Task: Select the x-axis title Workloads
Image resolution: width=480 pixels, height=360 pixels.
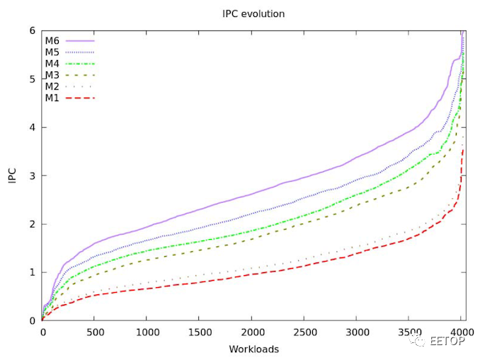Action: [x=253, y=349]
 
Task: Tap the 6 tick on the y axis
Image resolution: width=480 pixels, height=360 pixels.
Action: [x=32, y=31]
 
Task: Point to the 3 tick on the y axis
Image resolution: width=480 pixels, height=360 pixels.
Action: [x=32, y=176]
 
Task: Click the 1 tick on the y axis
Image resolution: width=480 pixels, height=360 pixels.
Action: [x=32, y=272]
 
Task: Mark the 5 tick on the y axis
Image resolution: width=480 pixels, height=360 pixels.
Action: [x=32, y=79]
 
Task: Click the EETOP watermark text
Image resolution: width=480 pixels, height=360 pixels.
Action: [x=447, y=342]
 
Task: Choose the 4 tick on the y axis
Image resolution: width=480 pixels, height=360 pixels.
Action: [x=32, y=128]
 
